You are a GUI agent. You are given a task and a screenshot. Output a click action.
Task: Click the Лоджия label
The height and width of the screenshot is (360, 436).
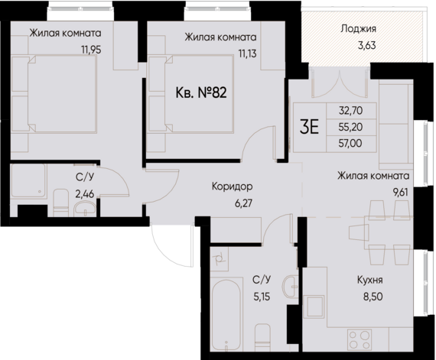[x=358, y=31]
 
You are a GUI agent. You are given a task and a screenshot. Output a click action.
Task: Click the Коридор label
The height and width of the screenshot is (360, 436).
[x=233, y=186]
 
